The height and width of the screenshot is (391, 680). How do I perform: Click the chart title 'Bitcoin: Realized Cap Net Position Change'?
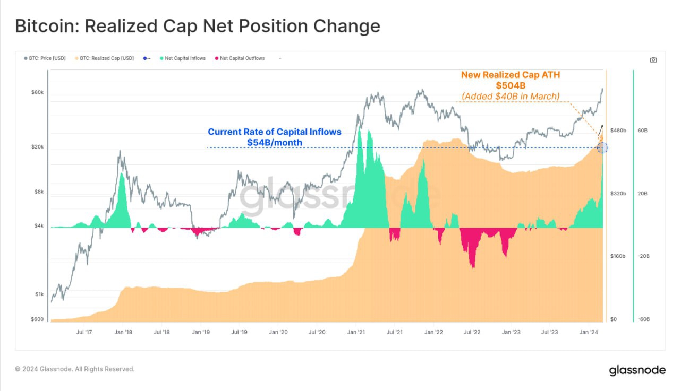pos(197,26)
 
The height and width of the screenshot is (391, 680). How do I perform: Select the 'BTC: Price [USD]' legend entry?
pos(47,58)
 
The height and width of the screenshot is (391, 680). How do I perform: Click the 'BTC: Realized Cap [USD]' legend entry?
pos(106,58)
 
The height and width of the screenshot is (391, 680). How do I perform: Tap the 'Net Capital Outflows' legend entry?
pos(242,58)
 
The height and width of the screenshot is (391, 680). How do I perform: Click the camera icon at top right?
pos(653,60)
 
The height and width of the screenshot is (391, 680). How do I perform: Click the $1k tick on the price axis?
pos(39,294)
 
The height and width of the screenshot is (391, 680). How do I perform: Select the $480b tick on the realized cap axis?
pos(618,130)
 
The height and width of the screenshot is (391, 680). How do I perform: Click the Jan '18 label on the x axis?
pos(123,332)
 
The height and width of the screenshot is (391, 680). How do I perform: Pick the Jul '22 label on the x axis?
pos(472,332)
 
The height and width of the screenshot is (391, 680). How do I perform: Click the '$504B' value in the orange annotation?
pos(510,85)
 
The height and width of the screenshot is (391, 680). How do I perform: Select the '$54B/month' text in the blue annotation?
pos(274,142)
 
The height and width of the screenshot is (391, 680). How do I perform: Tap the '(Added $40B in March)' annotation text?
pos(510,96)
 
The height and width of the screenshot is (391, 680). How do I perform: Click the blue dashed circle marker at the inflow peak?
pos(602,147)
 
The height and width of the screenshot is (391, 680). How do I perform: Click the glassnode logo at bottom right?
pos(636,370)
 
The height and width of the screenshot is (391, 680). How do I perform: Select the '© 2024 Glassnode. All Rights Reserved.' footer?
pos(75,369)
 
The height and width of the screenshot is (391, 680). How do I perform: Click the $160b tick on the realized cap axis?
pos(618,256)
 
